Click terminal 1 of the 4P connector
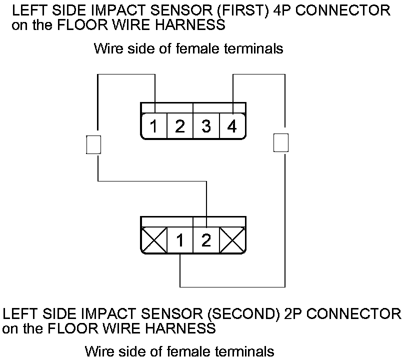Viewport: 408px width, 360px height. tap(154, 126)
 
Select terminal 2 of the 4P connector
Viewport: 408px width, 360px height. tap(180, 126)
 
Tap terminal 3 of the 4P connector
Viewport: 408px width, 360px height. tap(206, 126)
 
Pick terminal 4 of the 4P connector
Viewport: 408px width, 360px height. tap(232, 126)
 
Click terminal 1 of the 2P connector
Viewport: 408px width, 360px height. tap(180, 241)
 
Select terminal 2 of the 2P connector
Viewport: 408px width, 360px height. tap(206, 241)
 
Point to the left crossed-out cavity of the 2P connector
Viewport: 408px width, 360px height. tap(154, 241)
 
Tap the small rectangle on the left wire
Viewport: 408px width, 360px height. tap(94, 144)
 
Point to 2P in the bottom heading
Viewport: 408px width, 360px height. tap(294, 314)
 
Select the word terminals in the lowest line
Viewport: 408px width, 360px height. tap(244, 351)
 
